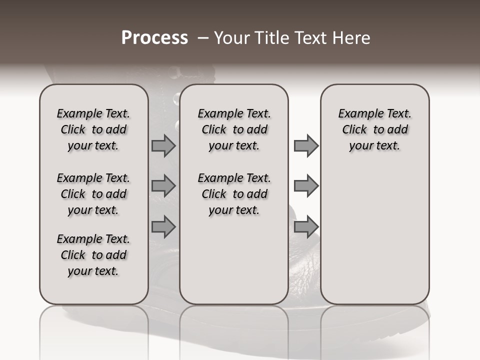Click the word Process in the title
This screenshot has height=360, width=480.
(154, 38)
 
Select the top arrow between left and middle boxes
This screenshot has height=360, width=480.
(163, 145)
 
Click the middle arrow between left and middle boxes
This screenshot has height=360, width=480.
(163, 186)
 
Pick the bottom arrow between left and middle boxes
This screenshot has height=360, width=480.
(163, 226)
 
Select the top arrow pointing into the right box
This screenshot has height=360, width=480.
(306, 145)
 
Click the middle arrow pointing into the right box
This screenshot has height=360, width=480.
(306, 186)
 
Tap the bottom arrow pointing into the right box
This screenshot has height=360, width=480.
(306, 226)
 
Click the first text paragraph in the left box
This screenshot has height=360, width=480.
(93, 129)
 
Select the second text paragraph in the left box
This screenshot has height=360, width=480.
(93, 194)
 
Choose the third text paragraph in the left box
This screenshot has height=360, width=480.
(93, 255)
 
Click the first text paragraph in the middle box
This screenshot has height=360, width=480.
(234, 129)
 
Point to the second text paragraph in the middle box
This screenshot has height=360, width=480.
(234, 194)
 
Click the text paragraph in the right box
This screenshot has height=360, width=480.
(374, 129)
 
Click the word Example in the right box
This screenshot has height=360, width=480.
(358, 113)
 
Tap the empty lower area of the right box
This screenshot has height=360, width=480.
(374, 235)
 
